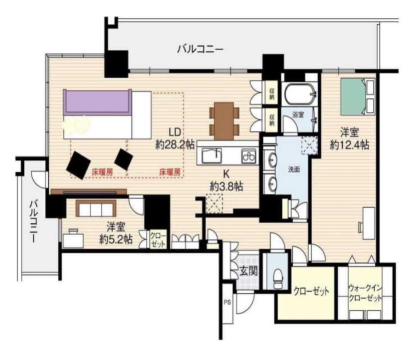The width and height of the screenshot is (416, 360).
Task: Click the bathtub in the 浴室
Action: pos(299,94)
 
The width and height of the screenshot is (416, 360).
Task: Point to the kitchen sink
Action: pos(212,156)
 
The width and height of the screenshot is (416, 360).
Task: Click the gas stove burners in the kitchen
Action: pos(249,157)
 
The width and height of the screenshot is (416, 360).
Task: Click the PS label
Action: pos(227,302)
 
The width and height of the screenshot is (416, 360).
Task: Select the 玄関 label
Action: pos(248,271)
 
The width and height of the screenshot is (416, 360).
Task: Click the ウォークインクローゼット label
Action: pos(365,293)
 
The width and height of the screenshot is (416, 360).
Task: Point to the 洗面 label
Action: pos(294,169)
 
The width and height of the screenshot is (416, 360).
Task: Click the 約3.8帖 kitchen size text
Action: pos(226,186)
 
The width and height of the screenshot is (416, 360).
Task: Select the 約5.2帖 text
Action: pos(116,239)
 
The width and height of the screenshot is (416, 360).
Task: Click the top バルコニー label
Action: pos(200,49)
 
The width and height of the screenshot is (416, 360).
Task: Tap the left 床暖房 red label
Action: pos(102,172)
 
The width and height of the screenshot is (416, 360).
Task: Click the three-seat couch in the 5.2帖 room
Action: pos(96,209)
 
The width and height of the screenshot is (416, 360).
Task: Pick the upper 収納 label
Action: pos(272,94)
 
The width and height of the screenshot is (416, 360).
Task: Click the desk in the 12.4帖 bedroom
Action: pos(369,223)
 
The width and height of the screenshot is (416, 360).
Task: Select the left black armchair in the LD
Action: pos(79,165)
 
